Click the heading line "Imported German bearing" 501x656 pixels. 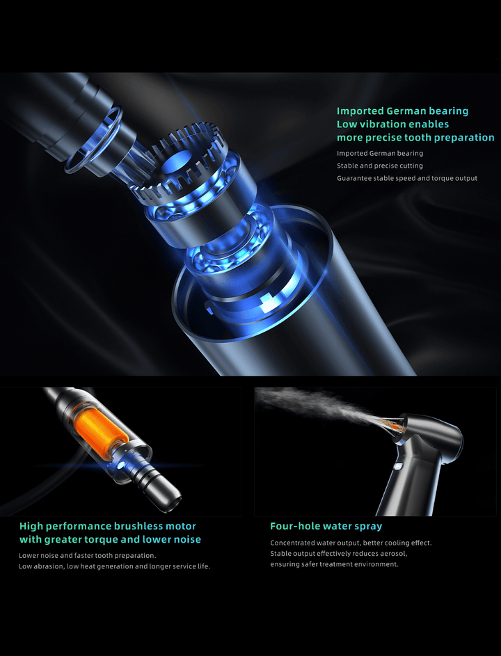click(x=403, y=111)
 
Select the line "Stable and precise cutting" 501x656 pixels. click(x=380, y=166)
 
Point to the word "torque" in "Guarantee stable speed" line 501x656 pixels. click(x=438, y=178)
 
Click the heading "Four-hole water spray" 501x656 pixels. click(x=326, y=526)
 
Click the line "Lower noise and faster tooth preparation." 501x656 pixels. click(x=87, y=556)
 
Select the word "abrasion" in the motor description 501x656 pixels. click(x=49, y=566)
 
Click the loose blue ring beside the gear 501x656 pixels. click(x=93, y=140)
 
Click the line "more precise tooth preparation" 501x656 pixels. click(x=415, y=138)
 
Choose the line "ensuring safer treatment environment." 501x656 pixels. click(x=335, y=564)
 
